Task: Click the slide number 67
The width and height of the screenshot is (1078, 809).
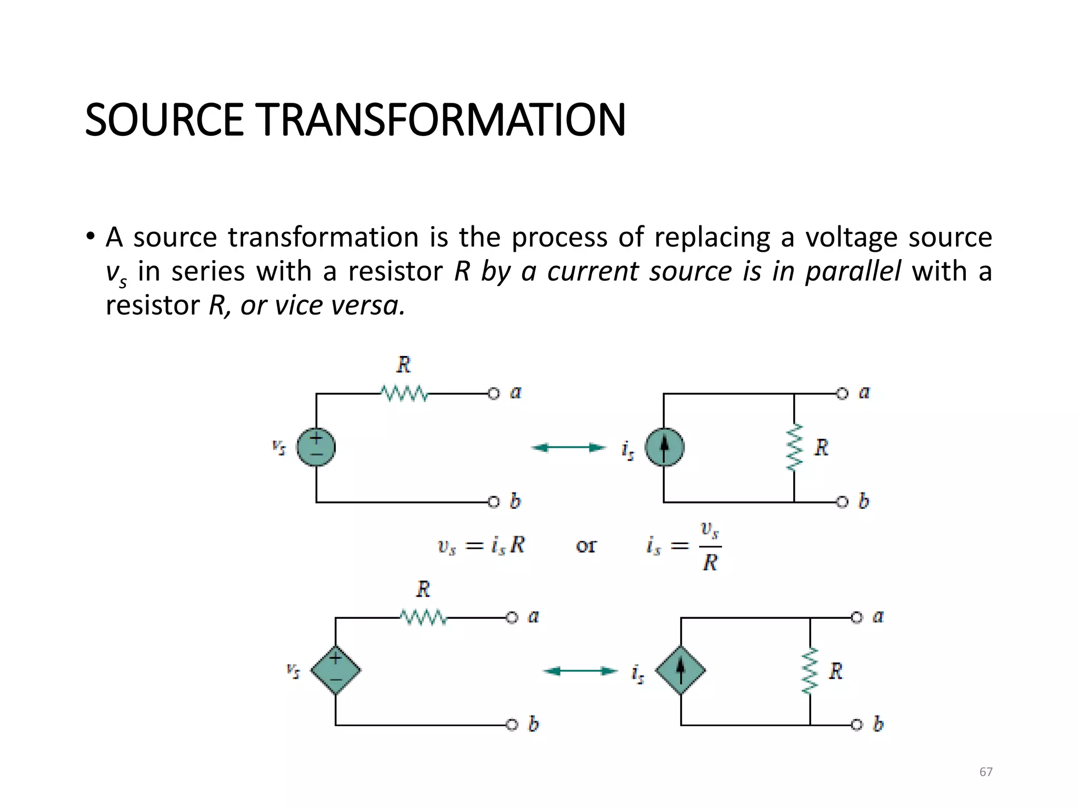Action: click(986, 772)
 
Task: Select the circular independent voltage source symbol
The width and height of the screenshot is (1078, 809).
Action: click(316, 447)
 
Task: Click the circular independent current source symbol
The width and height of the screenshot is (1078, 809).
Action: click(664, 447)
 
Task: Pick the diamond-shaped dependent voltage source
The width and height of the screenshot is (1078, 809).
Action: click(335, 670)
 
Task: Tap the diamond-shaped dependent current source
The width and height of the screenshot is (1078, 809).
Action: click(681, 670)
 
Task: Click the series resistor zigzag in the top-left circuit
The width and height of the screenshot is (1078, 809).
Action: click(404, 393)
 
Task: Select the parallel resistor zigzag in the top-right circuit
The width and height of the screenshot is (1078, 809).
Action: click(794, 447)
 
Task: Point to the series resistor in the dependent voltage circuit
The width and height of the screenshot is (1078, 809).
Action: click(423, 617)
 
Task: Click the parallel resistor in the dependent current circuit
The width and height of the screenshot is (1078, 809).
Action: click(810, 670)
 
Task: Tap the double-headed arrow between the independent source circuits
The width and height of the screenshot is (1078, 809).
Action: click(568, 448)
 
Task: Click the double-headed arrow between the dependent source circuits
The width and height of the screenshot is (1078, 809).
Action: click(580, 671)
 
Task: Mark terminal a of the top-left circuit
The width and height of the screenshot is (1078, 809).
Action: click(494, 393)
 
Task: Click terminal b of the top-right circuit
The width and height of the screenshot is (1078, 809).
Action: click(843, 502)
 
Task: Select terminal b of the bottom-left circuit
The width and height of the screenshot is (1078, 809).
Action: click(512, 725)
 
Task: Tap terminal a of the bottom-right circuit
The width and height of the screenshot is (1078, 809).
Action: click(857, 617)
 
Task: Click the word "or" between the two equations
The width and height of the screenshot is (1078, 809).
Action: click(586, 546)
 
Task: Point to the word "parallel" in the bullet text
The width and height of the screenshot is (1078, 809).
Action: click(853, 272)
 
